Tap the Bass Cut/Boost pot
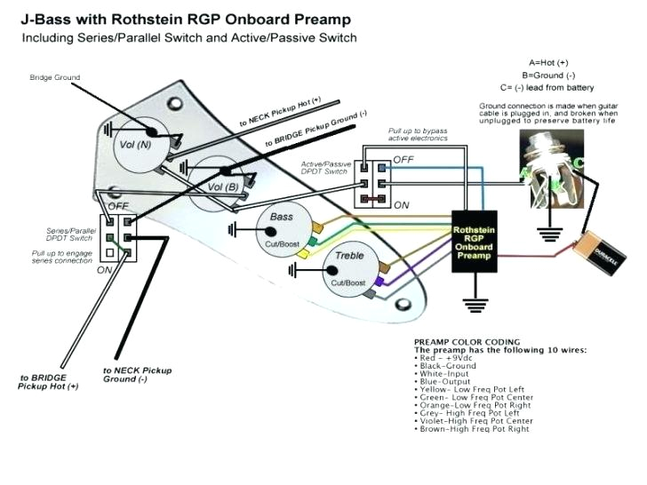click(282, 229)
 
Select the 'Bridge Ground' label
click(54, 77)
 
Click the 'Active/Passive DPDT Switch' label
click(326, 168)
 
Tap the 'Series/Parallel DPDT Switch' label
click(71, 235)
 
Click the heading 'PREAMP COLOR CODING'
click(467, 342)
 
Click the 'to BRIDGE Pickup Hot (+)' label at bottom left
click(49, 382)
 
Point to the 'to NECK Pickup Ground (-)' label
click(137, 374)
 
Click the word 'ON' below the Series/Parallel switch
click(104, 269)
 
